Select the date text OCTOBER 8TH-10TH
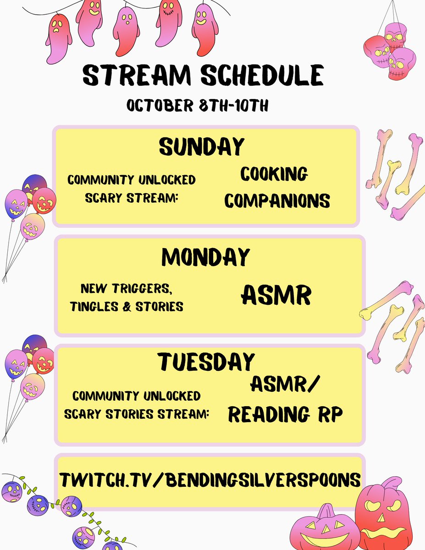[198, 105]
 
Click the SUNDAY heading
[202, 147]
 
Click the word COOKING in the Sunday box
[274, 175]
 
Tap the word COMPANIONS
[277, 201]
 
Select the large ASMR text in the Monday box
[276, 296]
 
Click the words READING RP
[285, 415]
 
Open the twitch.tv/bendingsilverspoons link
[210, 480]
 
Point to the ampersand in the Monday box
[127, 307]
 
